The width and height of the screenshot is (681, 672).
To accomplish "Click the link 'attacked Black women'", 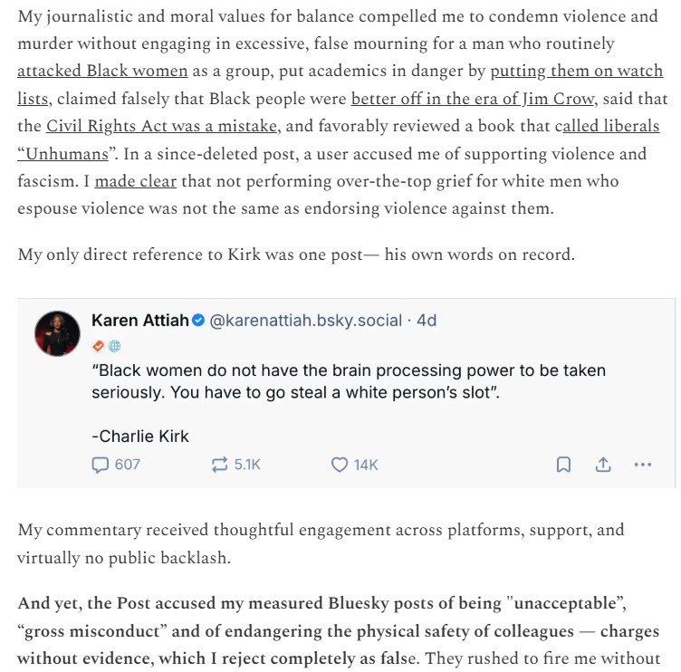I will [102, 71].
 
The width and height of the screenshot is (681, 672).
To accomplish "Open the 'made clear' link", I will [135, 181].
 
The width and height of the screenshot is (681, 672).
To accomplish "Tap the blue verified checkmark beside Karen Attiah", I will [198, 321].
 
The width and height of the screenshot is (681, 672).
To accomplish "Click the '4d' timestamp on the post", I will [426, 321].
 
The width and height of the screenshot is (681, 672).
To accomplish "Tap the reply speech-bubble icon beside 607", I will [100, 465].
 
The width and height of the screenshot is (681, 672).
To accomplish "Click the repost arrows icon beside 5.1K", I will [218, 465].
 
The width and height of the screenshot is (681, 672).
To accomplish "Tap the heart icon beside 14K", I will [340, 465].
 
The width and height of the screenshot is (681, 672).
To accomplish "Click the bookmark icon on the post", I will [563, 465].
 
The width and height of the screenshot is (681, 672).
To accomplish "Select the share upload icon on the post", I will [603, 465].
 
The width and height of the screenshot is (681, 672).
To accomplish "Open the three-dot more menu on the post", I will [643, 465].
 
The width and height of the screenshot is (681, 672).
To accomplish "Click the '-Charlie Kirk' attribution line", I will [140, 436].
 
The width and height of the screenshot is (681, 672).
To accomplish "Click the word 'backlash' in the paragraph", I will [196, 557].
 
